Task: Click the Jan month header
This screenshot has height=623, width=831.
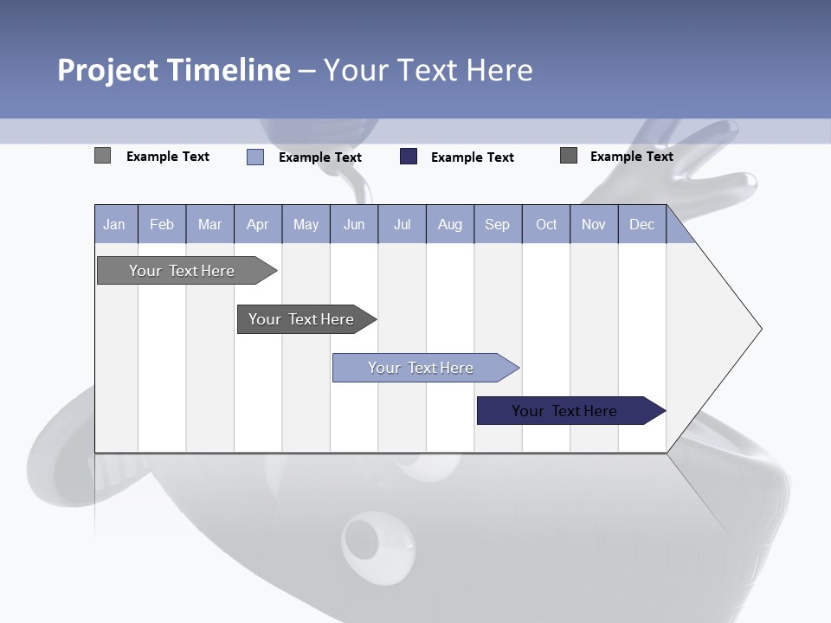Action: pos(114,225)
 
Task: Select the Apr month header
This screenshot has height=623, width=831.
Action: pos(257,225)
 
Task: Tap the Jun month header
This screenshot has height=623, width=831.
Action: pos(354,225)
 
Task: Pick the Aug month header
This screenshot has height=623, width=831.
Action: pos(449,225)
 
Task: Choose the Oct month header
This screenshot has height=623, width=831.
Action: pos(546,225)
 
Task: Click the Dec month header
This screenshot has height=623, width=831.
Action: pos(641,225)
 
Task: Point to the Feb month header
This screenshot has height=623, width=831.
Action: pos(162,225)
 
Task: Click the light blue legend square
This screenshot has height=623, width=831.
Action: pos(255,157)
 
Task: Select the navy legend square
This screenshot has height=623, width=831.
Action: pos(409,157)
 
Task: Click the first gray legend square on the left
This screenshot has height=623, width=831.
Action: pos(103,156)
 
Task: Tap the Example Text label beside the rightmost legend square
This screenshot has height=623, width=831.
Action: pos(632,157)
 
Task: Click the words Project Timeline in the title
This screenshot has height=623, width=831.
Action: pos(173,70)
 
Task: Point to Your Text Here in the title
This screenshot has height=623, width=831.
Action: pos(428,70)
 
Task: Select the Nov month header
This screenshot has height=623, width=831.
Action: pos(594,225)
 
